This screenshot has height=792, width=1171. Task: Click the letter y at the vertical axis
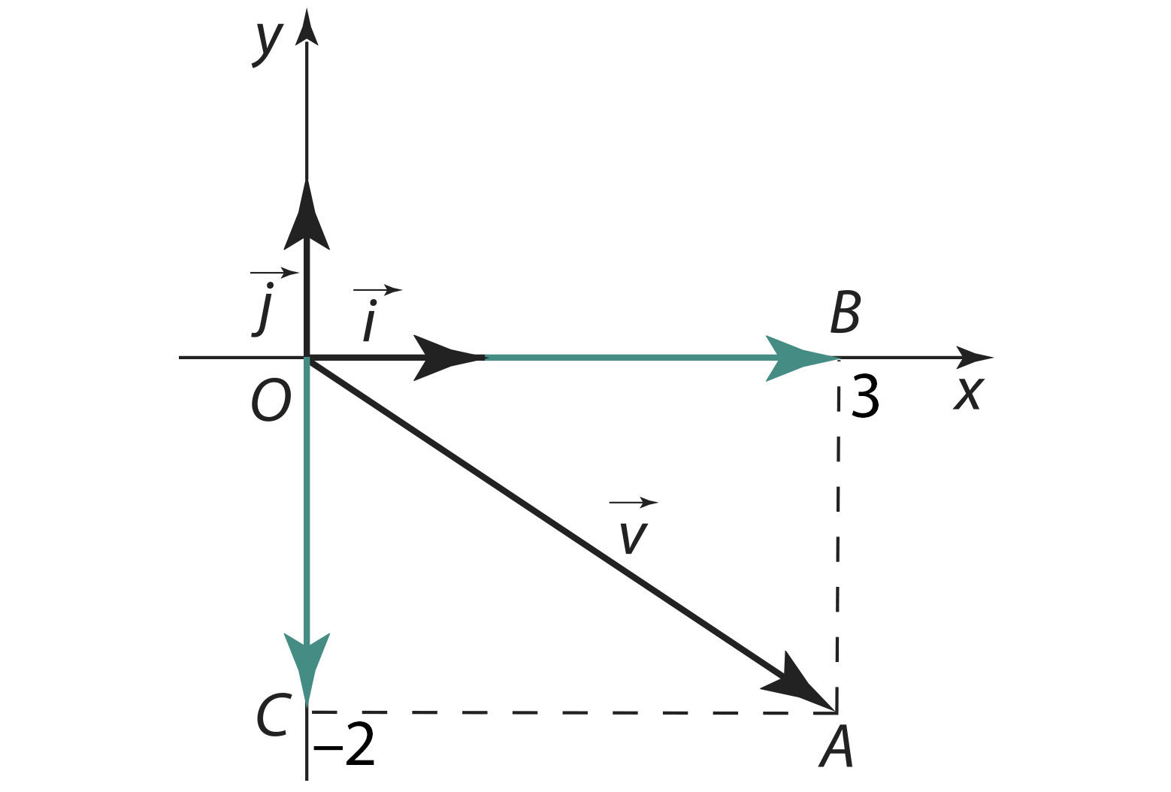click(x=268, y=45)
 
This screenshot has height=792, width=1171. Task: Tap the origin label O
click(x=271, y=401)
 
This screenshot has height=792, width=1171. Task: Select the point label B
click(x=846, y=313)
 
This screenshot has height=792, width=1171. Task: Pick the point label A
click(x=836, y=748)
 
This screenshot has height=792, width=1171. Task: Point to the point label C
click(x=273, y=715)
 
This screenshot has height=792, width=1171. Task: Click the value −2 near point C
click(x=344, y=745)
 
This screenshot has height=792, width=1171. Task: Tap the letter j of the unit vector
click(x=264, y=309)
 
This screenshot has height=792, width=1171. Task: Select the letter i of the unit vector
click(x=370, y=321)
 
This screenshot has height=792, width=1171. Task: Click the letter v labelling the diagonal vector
click(x=633, y=538)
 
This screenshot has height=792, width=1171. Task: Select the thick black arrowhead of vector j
click(x=307, y=216)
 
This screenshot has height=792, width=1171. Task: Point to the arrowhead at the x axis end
click(x=974, y=358)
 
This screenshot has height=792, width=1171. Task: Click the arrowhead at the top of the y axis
click(x=307, y=27)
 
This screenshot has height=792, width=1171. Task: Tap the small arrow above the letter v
click(x=634, y=503)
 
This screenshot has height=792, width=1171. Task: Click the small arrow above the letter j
click(x=274, y=272)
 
